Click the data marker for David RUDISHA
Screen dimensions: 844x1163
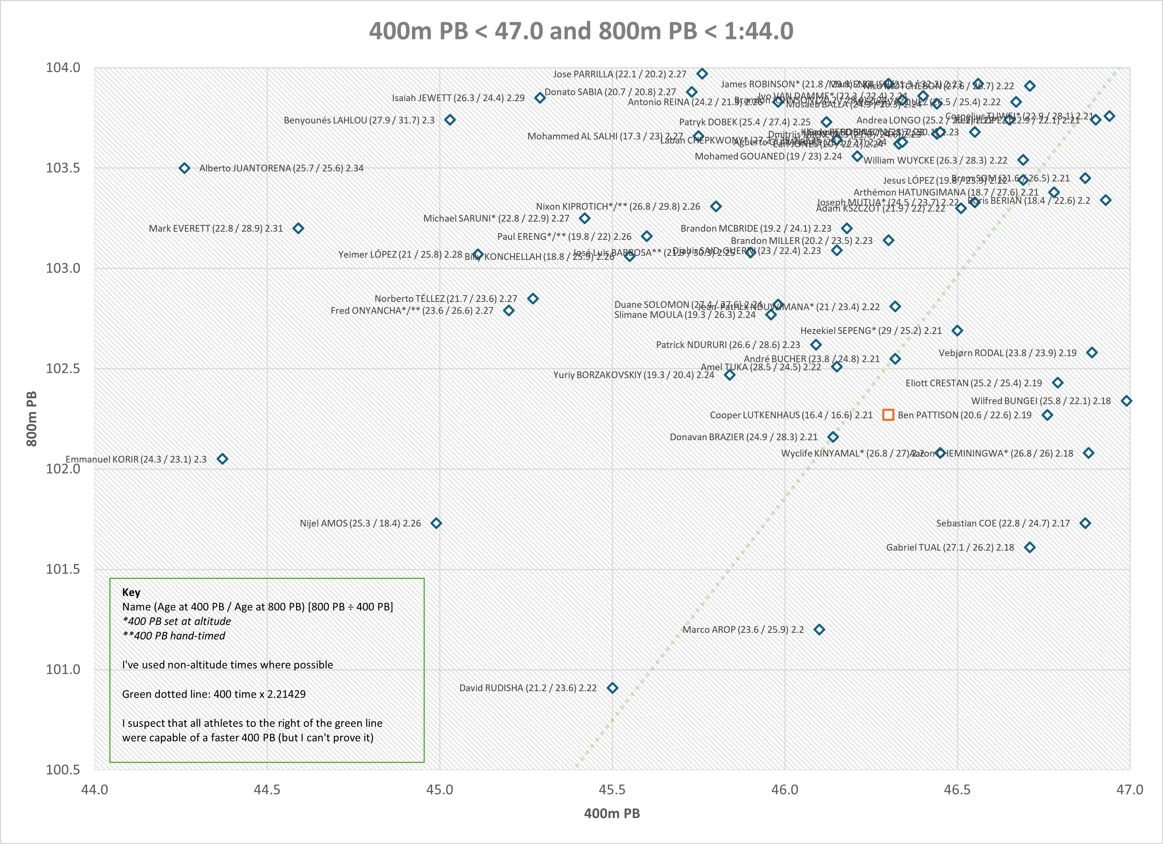point(612,687)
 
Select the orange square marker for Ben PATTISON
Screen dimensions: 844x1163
point(888,415)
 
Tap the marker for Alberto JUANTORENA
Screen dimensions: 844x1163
point(184,168)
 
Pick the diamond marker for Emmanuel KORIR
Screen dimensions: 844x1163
point(222,459)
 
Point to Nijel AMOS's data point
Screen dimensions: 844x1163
point(436,523)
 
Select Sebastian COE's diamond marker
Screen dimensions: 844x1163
point(1085,523)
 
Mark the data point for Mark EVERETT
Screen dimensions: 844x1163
point(298,228)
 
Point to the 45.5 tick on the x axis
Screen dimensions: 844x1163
point(612,790)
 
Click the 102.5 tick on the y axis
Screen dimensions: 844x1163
point(63,369)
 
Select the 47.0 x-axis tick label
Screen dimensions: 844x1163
point(1130,790)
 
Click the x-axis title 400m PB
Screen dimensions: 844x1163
point(612,814)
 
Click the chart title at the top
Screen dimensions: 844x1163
point(581,31)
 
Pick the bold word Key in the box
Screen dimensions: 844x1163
point(131,592)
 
